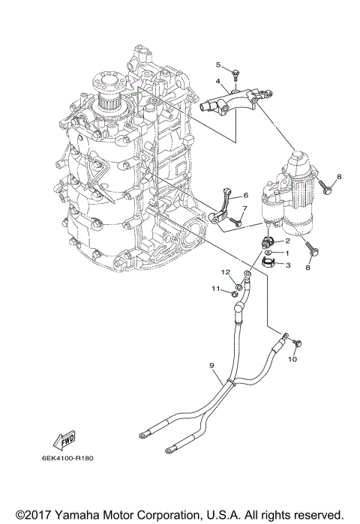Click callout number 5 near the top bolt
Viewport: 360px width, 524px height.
pos(219,64)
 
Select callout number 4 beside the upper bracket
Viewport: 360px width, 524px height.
pos(217,81)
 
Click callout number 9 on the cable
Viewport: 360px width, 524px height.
pos(212,366)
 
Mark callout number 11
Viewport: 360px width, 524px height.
pos(214,289)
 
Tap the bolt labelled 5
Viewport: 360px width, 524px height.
pos(235,73)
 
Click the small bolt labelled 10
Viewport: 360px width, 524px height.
pos(298,342)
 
